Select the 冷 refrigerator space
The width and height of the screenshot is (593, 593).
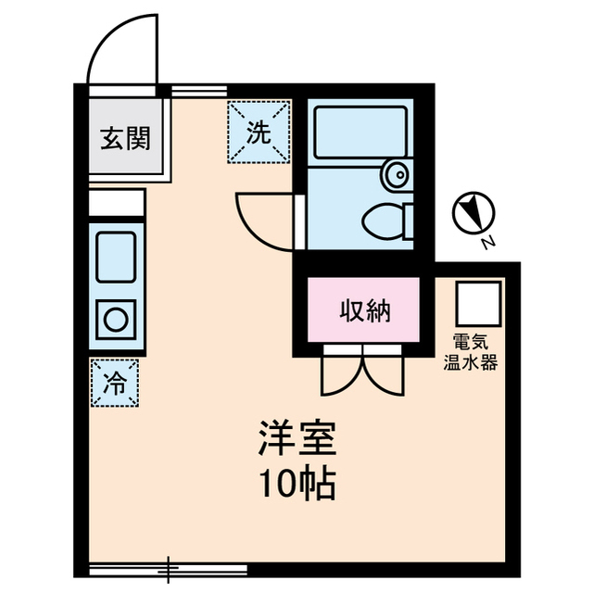coord(115,381)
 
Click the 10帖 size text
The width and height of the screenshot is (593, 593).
coord(296,484)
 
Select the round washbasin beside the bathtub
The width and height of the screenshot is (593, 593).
coord(397,172)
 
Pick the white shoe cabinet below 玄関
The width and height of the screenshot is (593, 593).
coord(117,202)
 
